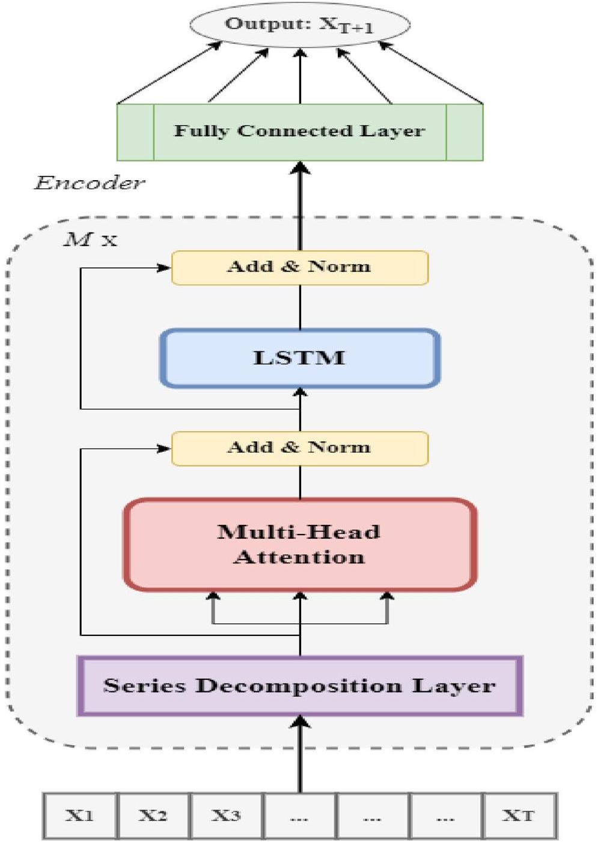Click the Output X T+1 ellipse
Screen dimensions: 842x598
299,25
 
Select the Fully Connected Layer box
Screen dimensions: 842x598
299,132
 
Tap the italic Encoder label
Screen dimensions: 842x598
89,183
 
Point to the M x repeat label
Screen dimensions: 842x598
90,240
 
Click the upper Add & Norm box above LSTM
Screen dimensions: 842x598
299,267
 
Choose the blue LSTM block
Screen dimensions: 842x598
299,358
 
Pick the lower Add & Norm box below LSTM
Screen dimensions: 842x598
299,448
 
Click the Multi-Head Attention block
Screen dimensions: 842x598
299,544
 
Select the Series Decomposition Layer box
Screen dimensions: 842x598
299,686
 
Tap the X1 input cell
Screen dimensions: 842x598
80,816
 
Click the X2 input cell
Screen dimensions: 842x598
153,816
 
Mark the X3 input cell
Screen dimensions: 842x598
226,816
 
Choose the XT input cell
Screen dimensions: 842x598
519,816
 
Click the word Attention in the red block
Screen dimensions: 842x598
299,557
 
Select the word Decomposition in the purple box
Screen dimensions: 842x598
299,686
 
